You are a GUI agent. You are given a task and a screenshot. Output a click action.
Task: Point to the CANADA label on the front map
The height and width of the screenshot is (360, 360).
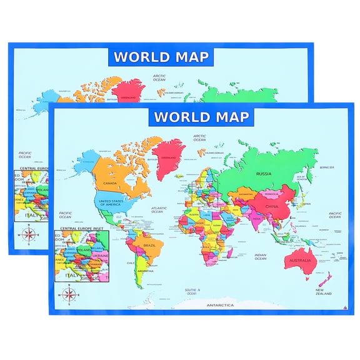[111, 182]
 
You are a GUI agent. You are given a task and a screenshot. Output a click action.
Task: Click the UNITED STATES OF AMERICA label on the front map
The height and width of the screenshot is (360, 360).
[110, 202]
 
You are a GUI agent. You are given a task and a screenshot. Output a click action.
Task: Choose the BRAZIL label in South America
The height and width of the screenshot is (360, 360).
[150, 246]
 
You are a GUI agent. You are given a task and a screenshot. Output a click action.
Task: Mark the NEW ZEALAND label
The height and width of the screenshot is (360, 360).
[322, 292]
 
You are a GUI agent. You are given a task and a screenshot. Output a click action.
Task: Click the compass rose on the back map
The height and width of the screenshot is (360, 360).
[28, 235]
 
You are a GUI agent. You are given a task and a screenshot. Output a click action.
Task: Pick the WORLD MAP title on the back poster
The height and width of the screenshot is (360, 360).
[161, 57]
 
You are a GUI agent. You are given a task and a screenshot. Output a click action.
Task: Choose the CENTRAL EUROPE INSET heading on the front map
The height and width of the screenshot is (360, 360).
[81, 229]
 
